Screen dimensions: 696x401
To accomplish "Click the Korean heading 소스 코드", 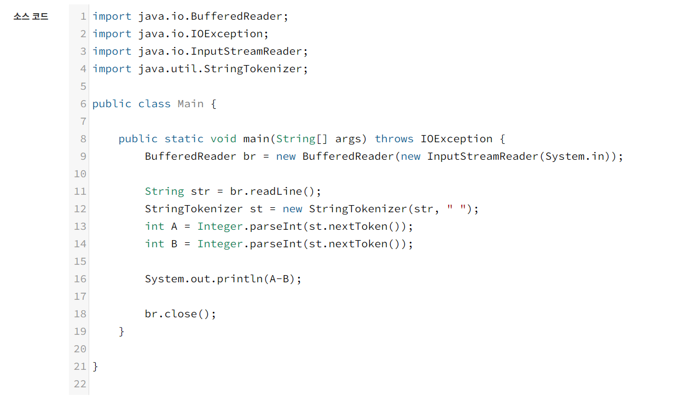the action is pos(31,16).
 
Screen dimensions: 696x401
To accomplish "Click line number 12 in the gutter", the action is pos(80,209).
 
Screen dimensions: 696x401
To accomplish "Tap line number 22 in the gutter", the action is pos(80,384).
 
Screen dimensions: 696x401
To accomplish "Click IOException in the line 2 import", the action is pos(227,34).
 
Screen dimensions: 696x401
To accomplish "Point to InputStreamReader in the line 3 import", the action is pos(246,51).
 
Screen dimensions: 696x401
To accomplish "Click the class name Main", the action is pos(190,104).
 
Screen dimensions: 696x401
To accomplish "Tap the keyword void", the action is pos(223,139).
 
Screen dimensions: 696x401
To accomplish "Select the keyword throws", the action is pos(394,139).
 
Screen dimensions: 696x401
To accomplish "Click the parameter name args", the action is pos(348,139).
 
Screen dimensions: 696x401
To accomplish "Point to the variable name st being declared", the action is pos(256,209).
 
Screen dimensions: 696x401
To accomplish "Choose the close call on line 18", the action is pos(181,314).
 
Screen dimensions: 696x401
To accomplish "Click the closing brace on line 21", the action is pos(96,367).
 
